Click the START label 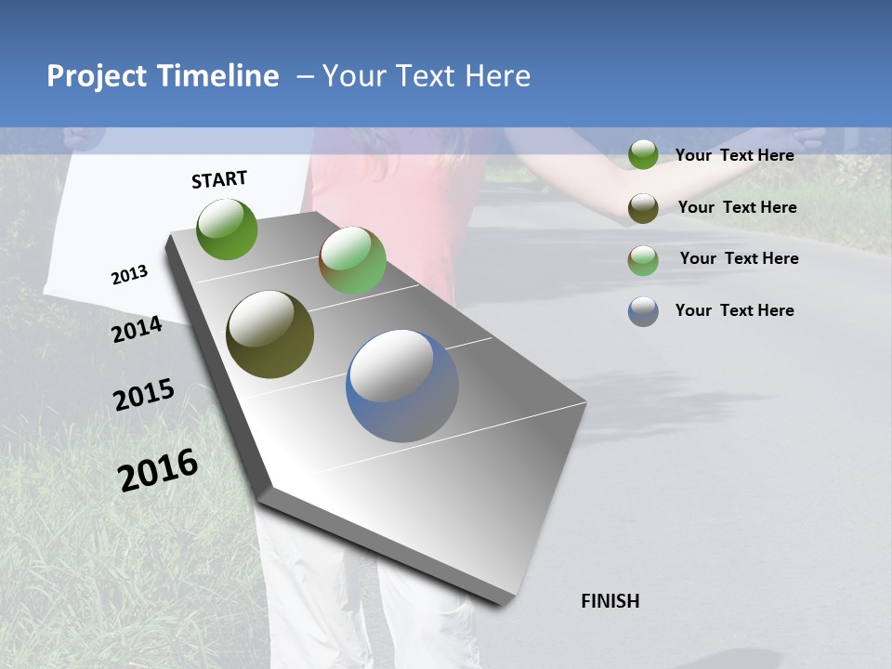point(219,179)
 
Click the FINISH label point(610,601)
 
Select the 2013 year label point(129,274)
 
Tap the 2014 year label point(137,330)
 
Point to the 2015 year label point(144,395)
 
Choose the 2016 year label point(158,470)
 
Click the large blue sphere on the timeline point(402,386)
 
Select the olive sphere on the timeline point(269,334)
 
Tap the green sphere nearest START point(228,229)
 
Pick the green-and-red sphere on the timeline point(353,260)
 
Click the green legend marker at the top point(643,154)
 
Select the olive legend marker point(643,207)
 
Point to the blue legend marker point(643,311)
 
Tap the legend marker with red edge point(643,260)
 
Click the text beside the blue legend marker point(734,310)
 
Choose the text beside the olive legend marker point(737,207)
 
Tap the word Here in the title point(497,76)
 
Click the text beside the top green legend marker point(734,155)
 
